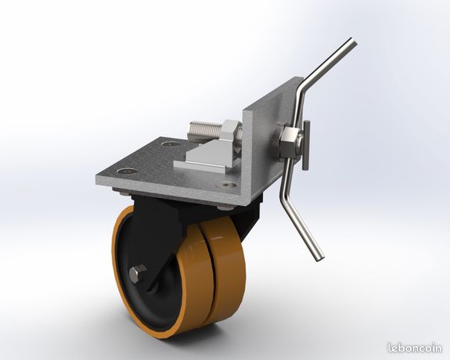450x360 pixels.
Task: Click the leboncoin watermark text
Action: (415, 347)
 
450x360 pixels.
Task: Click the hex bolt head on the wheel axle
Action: (139, 273)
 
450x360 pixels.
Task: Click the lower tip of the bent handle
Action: (320, 258)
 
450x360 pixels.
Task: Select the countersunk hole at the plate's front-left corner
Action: (127, 171)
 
